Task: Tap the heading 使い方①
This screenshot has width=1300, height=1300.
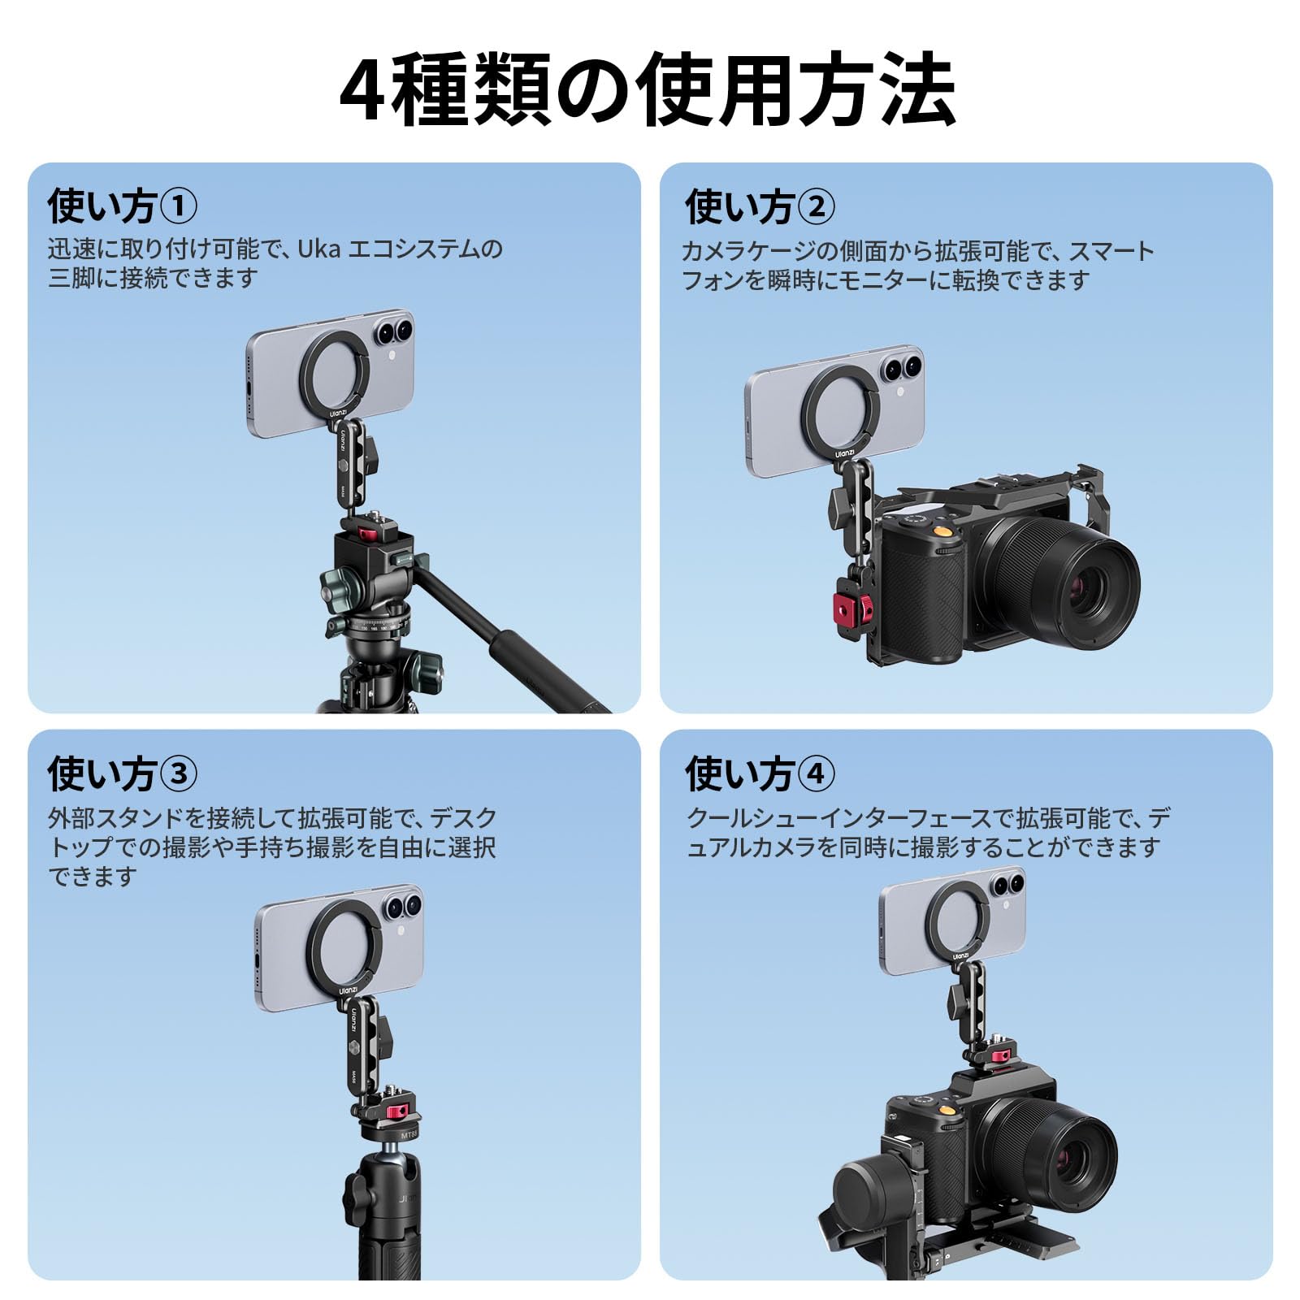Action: point(122,206)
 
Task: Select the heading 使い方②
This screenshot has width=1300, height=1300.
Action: point(760,206)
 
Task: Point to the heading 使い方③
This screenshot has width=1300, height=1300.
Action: point(122,773)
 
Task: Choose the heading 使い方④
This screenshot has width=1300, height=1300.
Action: point(760,773)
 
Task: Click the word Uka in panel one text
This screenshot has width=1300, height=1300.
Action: point(318,249)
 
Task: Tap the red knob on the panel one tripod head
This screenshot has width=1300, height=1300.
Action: point(368,533)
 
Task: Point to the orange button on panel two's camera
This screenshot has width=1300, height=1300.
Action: point(943,531)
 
